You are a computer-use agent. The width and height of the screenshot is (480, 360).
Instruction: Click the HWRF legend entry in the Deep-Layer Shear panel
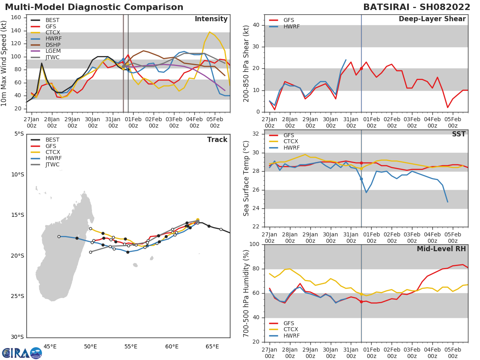pyautogui.click(x=291, y=26)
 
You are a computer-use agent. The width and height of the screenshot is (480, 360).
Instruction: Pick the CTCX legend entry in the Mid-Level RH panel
pyautogui.click(x=291, y=329)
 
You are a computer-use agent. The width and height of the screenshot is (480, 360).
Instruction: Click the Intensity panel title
pyautogui.click(x=211, y=19)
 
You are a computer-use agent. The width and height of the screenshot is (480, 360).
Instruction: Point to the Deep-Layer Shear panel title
pyautogui.click(x=432, y=19)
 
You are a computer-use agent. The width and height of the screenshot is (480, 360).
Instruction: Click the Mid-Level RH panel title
pyautogui.click(x=441, y=249)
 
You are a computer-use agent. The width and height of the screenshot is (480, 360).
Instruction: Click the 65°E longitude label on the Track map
pyautogui.click(x=212, y=346)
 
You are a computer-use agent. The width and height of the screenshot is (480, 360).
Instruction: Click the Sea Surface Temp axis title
pyautogui.click(x=246, y=179)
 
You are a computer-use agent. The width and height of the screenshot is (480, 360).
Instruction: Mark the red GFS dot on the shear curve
pyautogui.click(x=361, y=68)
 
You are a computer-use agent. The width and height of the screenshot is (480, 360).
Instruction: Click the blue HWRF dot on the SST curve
pyautogui.click(x=361, y=179)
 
